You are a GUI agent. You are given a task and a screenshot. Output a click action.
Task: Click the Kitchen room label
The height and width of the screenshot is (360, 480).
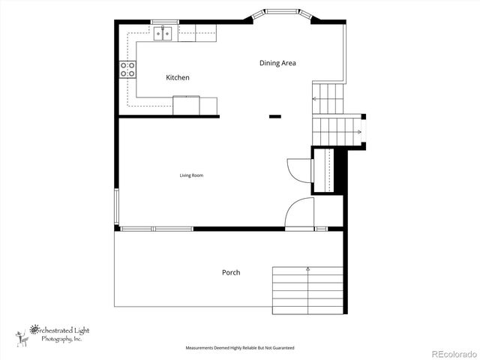click(178, 77)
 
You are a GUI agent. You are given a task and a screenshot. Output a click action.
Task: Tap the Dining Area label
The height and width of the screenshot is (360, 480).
click(277, 63)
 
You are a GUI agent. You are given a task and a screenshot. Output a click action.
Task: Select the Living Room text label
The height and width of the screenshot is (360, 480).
click(191, 175)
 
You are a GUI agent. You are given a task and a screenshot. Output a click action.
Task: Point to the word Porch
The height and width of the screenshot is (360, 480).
click(231, 272)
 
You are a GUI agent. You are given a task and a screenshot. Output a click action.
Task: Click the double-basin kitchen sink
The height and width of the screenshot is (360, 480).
click(164, 33)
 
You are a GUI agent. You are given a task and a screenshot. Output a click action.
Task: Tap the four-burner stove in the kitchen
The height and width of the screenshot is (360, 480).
click(127, 70)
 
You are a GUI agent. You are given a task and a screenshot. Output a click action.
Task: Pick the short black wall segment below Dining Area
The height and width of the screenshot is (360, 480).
click(275, 116)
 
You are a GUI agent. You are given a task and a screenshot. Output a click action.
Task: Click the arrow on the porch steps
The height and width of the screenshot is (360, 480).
click(308, 268)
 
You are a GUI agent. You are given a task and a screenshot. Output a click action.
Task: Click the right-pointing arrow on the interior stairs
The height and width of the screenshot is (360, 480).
click(359, 132)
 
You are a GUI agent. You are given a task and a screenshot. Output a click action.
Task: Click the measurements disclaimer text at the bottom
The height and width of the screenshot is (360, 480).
click(240, 348)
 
